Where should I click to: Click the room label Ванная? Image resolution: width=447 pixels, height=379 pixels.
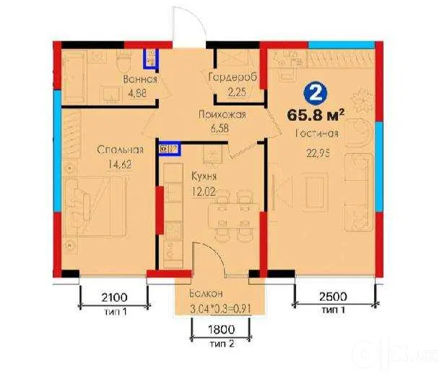[140, 79]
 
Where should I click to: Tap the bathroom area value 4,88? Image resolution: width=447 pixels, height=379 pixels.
[137, 93]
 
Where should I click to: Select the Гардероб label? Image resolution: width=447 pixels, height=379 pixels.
[233, 77]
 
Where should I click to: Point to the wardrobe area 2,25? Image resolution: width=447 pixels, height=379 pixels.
[237, 92]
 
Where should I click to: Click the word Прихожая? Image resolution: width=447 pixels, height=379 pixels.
[222, 114]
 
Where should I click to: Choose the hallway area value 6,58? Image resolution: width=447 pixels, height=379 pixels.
[220, 128]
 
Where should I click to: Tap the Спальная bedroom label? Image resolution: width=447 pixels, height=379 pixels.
[120, 150]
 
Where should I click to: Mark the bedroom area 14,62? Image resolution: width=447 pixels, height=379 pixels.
[120, 164]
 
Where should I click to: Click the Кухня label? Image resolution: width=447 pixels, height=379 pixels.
[204, 176]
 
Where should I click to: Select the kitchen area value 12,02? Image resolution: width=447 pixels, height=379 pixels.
[203, 191]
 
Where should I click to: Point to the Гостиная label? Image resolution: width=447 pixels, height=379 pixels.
[317, 133]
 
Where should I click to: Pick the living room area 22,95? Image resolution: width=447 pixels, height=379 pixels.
[318, 153]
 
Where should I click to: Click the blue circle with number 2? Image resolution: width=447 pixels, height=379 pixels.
[316, 93]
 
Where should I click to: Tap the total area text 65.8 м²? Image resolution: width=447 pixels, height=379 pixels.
[316, 115]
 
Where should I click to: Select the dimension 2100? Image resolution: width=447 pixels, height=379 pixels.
[114, 297]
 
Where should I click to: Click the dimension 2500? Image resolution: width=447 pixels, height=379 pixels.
[333, 297]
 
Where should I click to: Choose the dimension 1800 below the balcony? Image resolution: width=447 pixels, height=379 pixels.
[222, 330]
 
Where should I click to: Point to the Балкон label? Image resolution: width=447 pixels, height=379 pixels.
[206, 294]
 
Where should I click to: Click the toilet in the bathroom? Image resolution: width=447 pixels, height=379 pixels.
[124, 61]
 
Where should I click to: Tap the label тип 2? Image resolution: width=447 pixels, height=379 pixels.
[222, 344]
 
